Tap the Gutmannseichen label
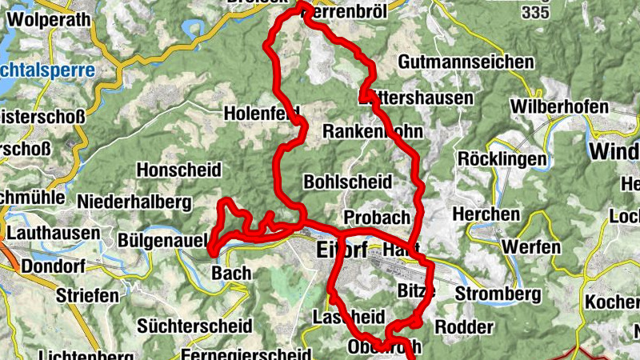click(x=466, y=62)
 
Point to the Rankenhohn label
click(x=372, y=130)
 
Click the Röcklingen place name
click(x=502, y=158)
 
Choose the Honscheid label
click(x=177, y=170)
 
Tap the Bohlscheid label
click(x=347, y=182)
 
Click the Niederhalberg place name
click(x=134, y=200)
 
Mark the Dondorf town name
click(x=55, y=266)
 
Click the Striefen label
click(x=87, y=295)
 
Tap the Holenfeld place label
click(x=262, y=112)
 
